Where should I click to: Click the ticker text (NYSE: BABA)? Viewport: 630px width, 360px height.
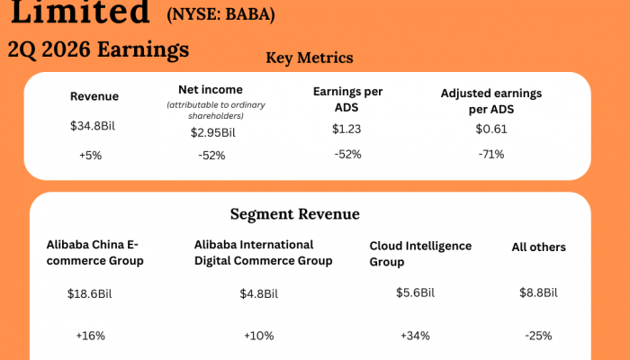tap(220, 15)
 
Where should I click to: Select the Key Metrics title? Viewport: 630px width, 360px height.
tap(310, 58)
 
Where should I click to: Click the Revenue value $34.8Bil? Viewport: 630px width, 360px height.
tap(93, 126)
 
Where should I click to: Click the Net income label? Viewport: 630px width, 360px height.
tap(211, 89)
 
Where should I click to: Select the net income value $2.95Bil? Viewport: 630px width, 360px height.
tap(212, 132)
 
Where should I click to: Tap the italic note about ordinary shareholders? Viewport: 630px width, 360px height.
tap(211, 110)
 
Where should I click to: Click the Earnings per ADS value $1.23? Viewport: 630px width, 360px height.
tap(346, 129)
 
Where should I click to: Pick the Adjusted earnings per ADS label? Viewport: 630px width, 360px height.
tap(490, 101)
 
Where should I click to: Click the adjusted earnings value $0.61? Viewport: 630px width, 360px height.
tap(491, 129)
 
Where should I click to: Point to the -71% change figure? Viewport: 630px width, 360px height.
tap(491, 154)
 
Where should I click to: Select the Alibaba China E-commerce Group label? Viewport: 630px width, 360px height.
tap(93, 253)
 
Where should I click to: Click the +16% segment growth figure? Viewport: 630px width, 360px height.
tap(90, 336)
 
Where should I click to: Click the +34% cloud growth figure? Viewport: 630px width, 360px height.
tap(415, 336)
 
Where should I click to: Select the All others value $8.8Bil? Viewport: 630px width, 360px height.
tap(538, 292)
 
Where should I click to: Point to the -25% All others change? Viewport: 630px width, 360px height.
tap(538, 336)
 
